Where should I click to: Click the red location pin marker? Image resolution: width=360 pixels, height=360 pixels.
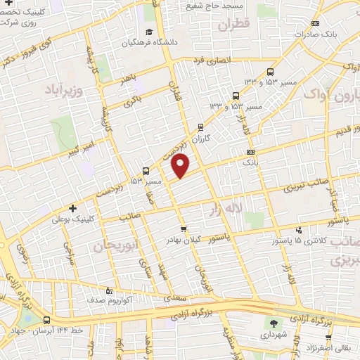[x=181, y=166]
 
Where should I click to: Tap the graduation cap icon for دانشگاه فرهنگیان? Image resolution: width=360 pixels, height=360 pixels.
[x=148, y=32]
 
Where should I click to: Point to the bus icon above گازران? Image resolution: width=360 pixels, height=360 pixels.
[x=201, y=128]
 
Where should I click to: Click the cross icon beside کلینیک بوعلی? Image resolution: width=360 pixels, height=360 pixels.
[x=73, y=208]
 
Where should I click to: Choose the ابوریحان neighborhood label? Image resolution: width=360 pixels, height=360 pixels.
[x=113, y=245]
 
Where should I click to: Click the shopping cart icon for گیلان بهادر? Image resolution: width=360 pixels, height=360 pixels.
[x=184, y=229]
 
